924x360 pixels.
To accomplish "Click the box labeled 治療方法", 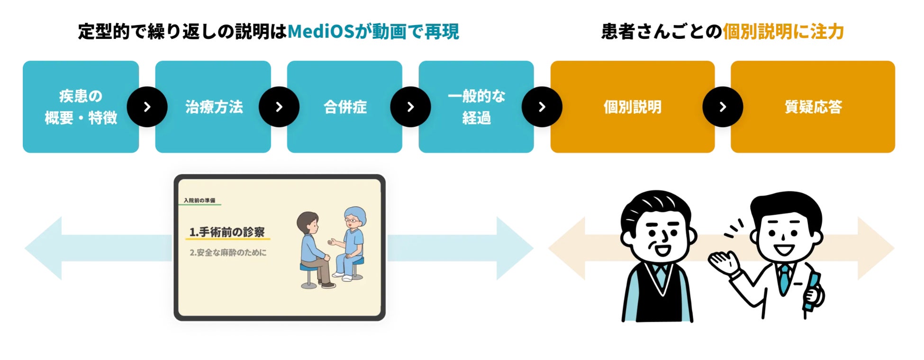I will coord(213,107).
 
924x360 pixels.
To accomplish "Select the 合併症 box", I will coord(344,107).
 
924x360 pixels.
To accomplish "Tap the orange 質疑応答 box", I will coord(813,107).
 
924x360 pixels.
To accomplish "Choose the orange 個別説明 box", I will coord(632,107).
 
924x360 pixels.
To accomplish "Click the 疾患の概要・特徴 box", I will coord(81,107).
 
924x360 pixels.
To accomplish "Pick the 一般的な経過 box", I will coord(476,107).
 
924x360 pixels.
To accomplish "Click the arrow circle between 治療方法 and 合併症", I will coord(279,107).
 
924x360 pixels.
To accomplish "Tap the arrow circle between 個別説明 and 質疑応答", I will coord(723,107).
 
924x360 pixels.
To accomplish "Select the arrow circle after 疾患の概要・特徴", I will coord(147,107).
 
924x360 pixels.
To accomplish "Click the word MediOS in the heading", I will coord(321,32).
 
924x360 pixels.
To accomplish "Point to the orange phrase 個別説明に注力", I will coord(783,32).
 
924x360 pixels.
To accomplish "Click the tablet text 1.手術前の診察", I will coord(227,232).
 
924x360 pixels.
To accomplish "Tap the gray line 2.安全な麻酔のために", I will coord(228,253).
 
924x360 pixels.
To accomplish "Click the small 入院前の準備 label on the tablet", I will coord(199,200).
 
